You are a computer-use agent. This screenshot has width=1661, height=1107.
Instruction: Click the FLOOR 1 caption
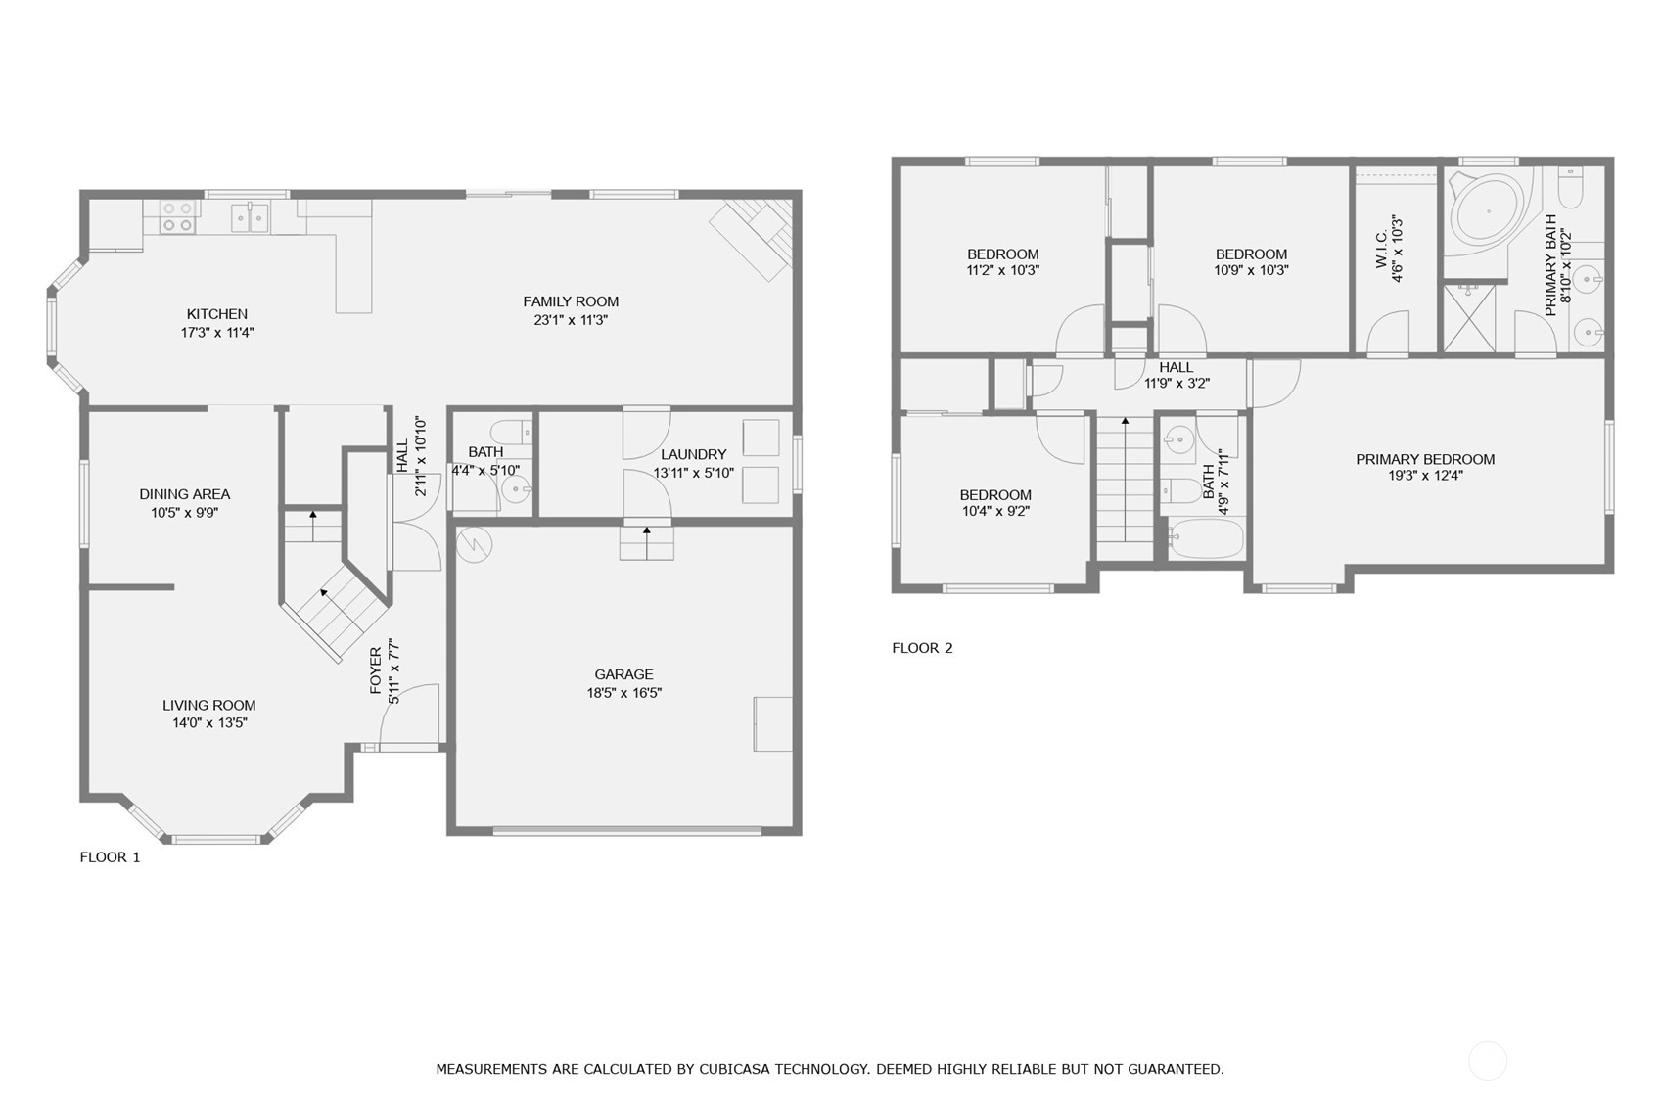pyautogui.click(x=110, y=857)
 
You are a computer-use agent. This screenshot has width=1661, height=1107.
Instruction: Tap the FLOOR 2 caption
pyautogui.click(x=922, y=648)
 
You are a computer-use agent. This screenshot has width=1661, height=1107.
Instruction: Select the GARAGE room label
pyautogui.click(x=623, y=674)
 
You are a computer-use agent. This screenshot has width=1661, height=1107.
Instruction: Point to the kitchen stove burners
pyautogui.click(x=178, y=217)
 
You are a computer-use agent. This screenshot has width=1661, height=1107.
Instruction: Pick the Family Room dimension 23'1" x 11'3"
pyautogui.click(x=571, y=320)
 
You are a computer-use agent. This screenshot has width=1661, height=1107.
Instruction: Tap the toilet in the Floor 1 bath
pyautogui.click(x=511, y=432)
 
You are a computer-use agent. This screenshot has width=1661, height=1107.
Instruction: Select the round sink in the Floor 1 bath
pyautogui.click(x=516, y=488)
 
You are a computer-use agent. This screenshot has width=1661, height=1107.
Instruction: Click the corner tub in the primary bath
pyautogui.click(x=1486, y=211)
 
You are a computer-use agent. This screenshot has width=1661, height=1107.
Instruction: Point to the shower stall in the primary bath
pyautogui.click(x=1469, y=318)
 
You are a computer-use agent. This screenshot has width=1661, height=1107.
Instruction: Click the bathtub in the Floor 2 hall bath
pyautogui.click(x=1206, y=538)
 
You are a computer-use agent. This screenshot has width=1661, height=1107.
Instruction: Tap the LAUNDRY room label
pyautogui.click(x=693, y=454)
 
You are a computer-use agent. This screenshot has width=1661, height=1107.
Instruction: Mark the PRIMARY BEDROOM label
pyautogui.click(x=1425, y=459)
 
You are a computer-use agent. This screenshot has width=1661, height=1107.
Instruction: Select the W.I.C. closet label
pyautogui.click(x=1381, y=250)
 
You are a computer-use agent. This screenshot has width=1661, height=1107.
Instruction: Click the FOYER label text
pyautogui.click(x=375, y=671)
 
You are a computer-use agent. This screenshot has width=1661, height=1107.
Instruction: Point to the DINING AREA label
pyautogui.click(x=185, y=494)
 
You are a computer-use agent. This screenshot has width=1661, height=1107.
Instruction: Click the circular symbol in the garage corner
pyautogui.click(x=474, y=545)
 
